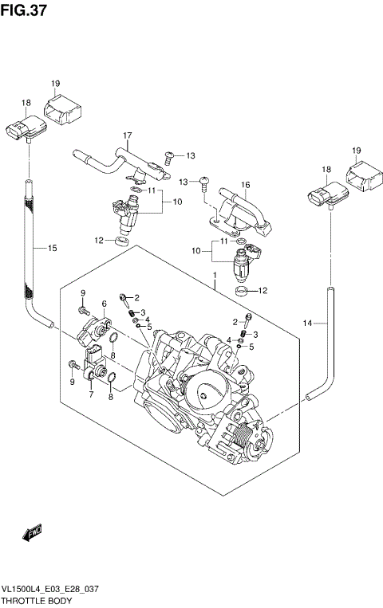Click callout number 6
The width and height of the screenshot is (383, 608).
coord(105,304)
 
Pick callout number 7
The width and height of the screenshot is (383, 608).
coord(90,394)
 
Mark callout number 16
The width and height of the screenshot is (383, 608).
coord(246,185)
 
